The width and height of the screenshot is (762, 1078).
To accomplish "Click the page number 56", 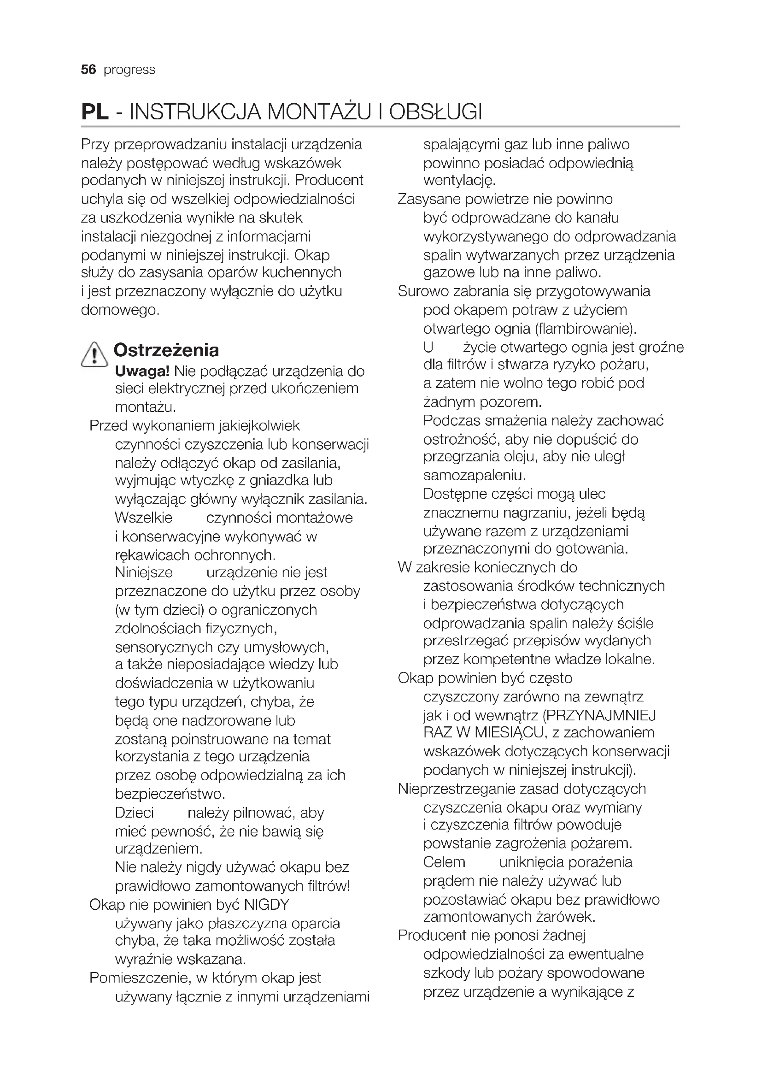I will point(88,70).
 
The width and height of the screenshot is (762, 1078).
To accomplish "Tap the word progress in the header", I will point(129,70).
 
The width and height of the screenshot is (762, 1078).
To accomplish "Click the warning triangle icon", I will point(94,354).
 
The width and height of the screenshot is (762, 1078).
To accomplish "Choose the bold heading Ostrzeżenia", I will point(166,350).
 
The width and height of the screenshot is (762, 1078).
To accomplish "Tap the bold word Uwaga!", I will point(142,371).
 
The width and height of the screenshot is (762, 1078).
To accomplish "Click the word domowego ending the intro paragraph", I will point(120,310).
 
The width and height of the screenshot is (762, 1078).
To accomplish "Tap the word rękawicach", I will point(152,555).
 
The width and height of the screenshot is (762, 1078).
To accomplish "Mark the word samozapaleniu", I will point(474,476).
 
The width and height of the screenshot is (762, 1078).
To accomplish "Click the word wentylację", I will point(459,180).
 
